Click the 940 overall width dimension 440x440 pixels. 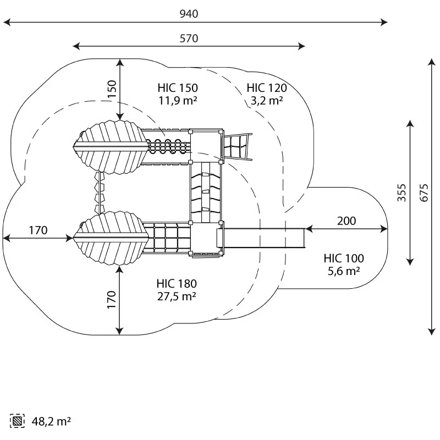(x=189, y=14)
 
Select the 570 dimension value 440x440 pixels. (x=189, y=38)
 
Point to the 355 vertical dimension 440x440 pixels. (x=402, y=193)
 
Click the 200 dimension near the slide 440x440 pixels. (x=346, y=221)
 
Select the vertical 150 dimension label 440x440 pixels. (x=112, y=90)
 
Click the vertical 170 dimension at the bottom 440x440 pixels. (x=112, y=300)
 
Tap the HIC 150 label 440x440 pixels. (x=177, y=88)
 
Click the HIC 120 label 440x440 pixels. (x=267, y=88)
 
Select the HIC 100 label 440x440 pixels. (x=344, y=258)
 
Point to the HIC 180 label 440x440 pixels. (x=177, y=284)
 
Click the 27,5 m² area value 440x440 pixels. (x=177, y=296)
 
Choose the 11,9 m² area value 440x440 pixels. (x=177, y=100)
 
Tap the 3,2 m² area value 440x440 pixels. (x=267, y=100)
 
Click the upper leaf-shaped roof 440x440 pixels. (x=113, y=147)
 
